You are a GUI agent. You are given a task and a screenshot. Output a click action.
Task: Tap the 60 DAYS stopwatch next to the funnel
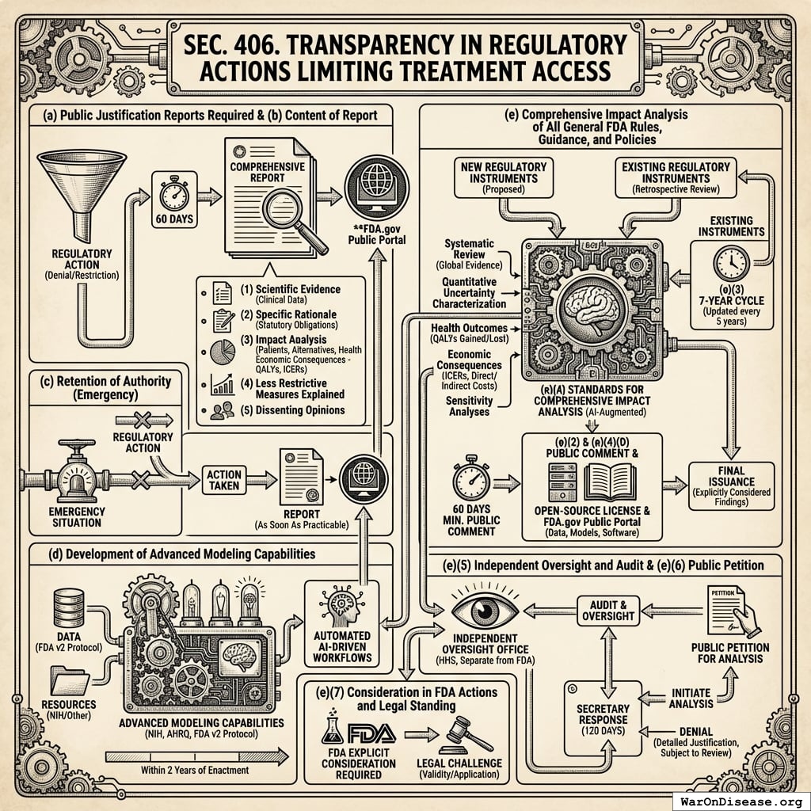click(173, 195)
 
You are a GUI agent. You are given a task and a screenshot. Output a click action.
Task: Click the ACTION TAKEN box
click(223, 479)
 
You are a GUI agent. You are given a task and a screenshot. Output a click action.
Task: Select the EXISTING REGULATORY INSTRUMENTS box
click(675, 177)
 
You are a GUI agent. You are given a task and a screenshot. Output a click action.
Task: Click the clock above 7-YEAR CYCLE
click(729, 265)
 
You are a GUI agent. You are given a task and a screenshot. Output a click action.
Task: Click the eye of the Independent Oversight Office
click(484, 611)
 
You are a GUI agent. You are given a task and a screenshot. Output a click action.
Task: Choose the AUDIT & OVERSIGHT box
click(607, 609)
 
